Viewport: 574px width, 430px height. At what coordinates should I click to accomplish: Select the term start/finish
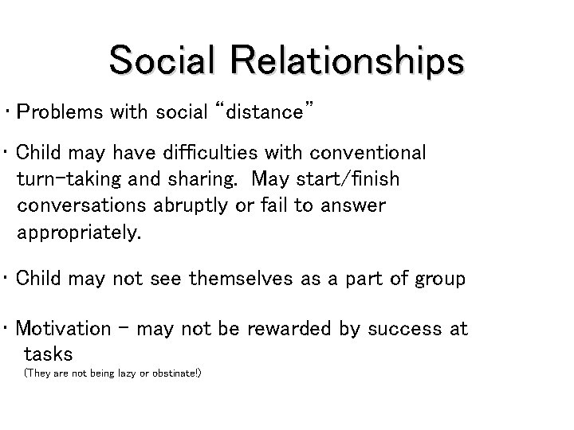click(x=353, y=179)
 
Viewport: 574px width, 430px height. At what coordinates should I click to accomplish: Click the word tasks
click(x=49, y=354)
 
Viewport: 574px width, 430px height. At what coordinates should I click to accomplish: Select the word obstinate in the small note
click(x=175, y=373)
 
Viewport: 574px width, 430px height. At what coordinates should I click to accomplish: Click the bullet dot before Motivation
click(x=6, y=328)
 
